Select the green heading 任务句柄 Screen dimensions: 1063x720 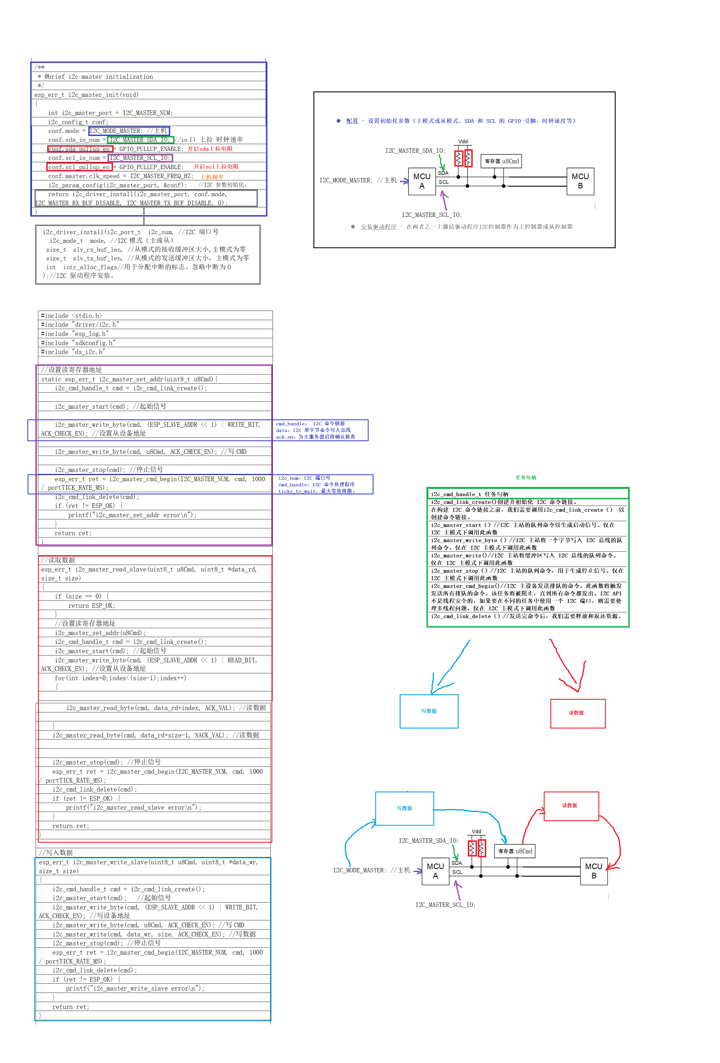point(526,477)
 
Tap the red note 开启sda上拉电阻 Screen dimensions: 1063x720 point(210,149)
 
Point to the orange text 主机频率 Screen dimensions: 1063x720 point(212,177)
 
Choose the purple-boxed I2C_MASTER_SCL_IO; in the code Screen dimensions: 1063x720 point(140,158)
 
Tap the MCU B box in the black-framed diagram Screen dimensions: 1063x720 point(580,181)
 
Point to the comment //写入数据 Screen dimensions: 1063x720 point(56,852)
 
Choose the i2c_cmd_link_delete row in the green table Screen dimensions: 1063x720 point(526,616)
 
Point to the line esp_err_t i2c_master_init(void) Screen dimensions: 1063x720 point(86,95)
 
